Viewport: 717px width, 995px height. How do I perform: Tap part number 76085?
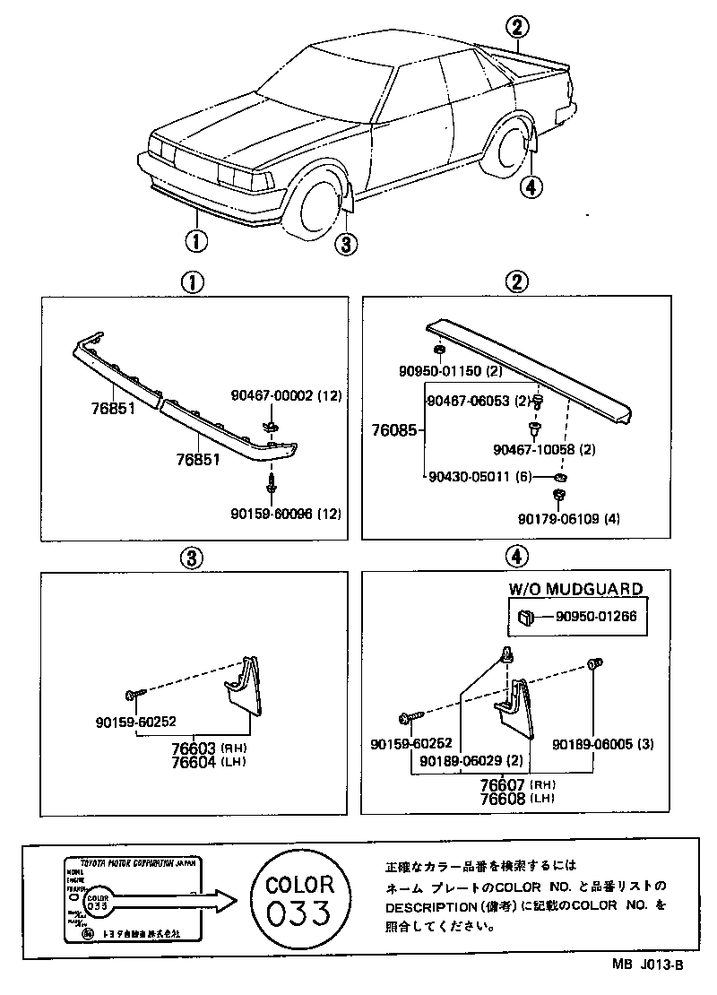click(x=393, y=430)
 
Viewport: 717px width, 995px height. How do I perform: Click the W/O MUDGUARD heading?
click(x=575, y=589)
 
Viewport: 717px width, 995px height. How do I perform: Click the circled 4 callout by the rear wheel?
click(x=531, y=186)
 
